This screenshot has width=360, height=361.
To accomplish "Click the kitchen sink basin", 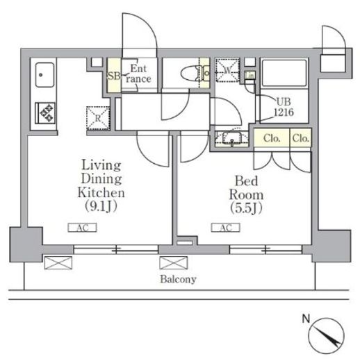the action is coord(44,75).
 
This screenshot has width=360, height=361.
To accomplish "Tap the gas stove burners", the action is coord(45,113).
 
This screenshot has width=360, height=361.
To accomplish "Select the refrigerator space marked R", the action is coord(98,118).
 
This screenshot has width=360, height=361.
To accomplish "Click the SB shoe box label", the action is coord(114,76).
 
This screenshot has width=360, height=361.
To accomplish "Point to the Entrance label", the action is coord(138,74).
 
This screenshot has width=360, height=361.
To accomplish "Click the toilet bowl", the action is coord(189,74).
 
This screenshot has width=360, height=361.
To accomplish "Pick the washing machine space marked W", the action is coord(227,70).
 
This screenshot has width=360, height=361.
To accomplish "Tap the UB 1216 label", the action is coord(284,107).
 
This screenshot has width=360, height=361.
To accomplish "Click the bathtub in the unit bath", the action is coord(284,74).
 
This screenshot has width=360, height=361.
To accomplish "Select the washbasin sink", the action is coord(232,138).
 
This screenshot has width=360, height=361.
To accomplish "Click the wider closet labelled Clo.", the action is coord(272,138).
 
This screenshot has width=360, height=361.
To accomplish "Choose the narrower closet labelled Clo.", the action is coord(300,138).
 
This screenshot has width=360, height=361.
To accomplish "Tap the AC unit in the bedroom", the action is coord(226,228).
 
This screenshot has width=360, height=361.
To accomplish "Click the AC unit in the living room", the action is coord(82,228).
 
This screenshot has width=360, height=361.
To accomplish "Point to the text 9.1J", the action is coord(101,206).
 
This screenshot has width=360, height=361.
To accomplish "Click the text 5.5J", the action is coord(246,208).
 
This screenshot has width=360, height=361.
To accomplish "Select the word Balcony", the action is coord(178,279).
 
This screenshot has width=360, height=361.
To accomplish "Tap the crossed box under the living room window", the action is coord(58,262).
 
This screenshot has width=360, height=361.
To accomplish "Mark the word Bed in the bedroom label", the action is coord(246,181).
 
